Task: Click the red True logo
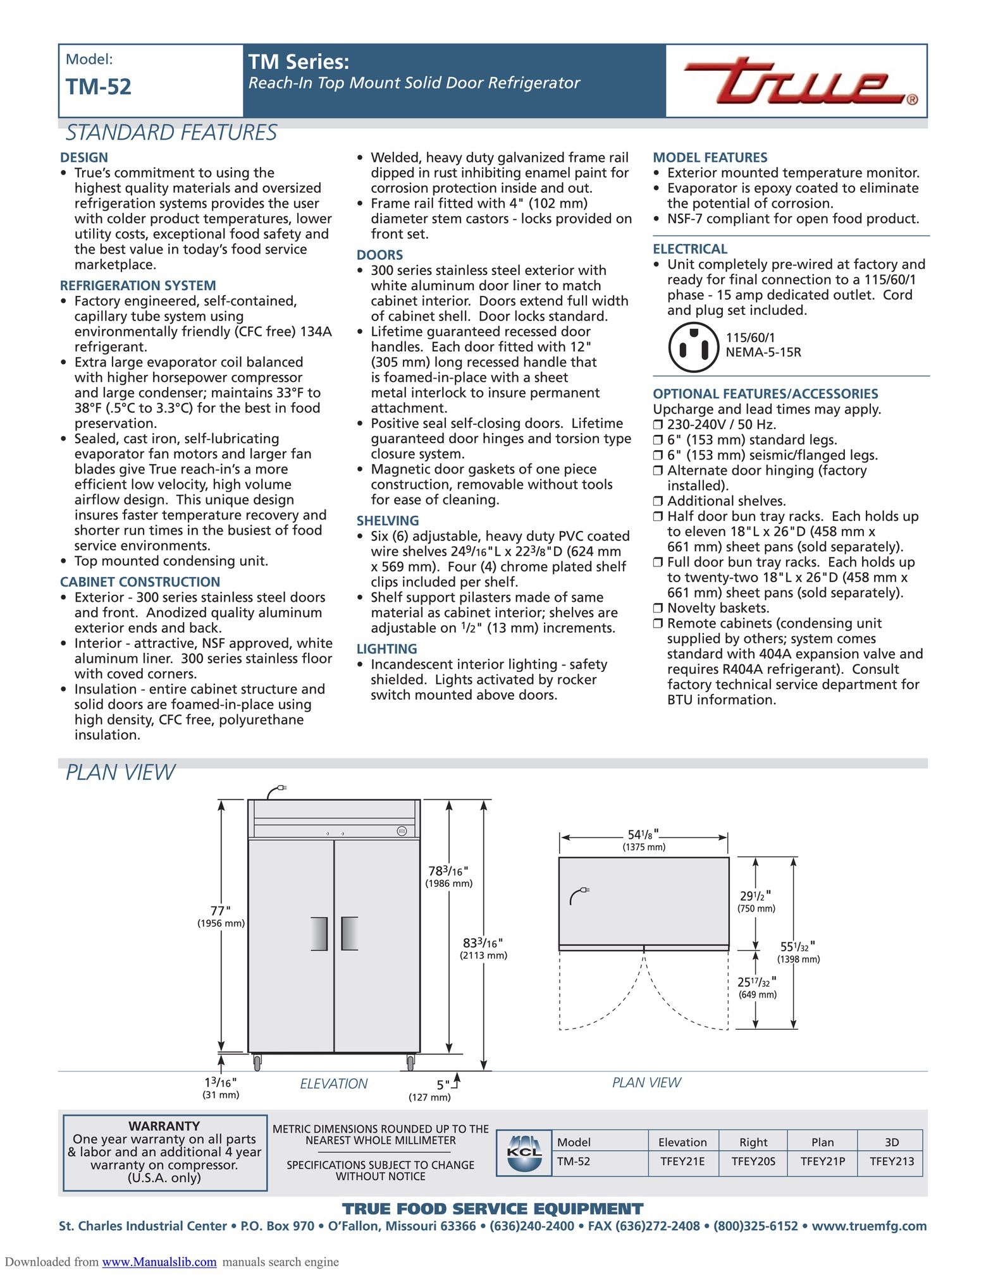point(799,82)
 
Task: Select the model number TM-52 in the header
point(99,87)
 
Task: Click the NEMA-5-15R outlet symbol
point(693,347)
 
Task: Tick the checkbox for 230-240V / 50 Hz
point(658,425)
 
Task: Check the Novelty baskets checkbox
point(658,609)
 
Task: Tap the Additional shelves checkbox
point(658,502)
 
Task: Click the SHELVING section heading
point(387,521)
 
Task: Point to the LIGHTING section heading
point(386,649)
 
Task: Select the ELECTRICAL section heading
point(690,249)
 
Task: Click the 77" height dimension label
point(220,911)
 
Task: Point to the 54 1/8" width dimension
point(643,835)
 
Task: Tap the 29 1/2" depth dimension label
point(755,896)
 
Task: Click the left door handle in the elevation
point(319,934)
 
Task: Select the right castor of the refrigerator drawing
point(410,1062)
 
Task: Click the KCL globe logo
point(524,1153)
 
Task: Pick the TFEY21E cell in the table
point(682,1161)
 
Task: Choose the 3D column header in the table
point(891,1142)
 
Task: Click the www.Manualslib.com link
point(159,1262)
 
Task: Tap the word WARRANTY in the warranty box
point(164,1126)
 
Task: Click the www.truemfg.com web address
point(869,1226)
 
